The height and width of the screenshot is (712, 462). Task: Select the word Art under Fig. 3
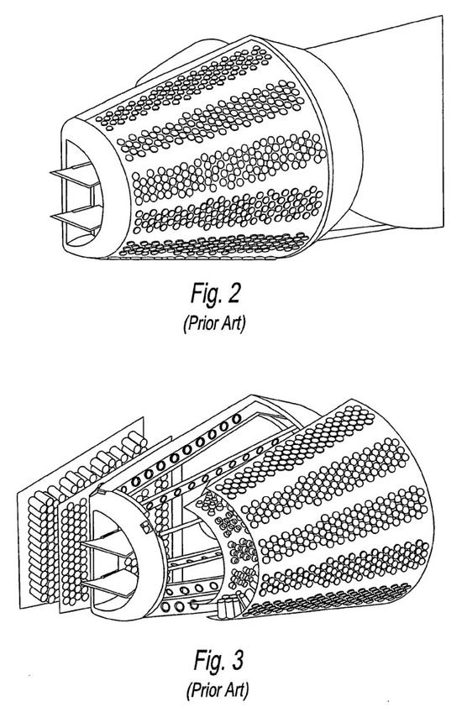click(x=236, y=691)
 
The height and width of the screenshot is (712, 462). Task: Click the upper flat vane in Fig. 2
click(x=76, y=175)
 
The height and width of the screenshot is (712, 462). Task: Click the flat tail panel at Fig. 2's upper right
click(x=400, y=113)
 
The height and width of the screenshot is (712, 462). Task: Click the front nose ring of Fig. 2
click(x=97, y=187)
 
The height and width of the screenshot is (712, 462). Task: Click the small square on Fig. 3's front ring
click(x=146, y=527)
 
